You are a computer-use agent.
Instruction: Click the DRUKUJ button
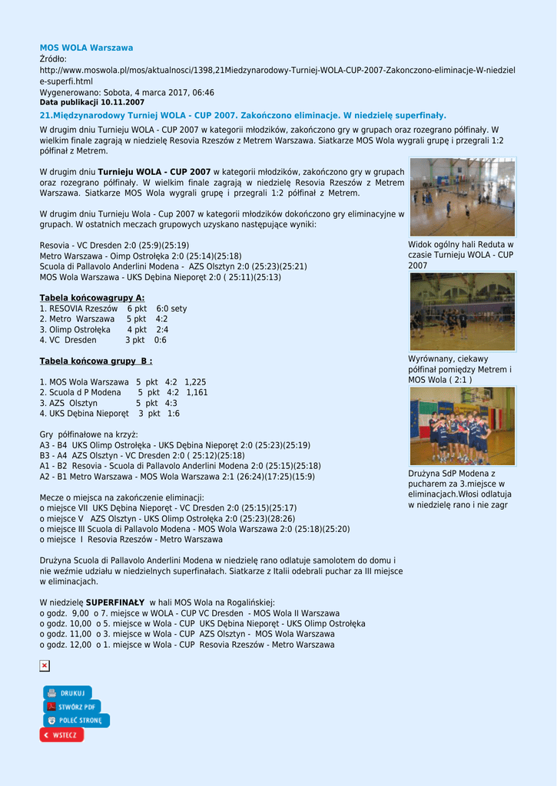67,693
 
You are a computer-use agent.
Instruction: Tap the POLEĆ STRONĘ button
76,721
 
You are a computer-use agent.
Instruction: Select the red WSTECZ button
61,735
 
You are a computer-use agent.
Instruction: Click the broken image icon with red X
45,665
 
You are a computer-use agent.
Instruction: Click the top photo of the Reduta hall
462,197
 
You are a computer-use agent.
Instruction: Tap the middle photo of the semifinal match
462,311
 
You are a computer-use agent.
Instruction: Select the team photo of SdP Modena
462,426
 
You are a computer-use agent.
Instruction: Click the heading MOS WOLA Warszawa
86,48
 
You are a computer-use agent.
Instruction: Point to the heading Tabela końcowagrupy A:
92,298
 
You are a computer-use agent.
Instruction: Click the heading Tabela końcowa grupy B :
96,361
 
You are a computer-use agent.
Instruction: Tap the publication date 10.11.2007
122,102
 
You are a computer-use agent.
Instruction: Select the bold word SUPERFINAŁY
115,603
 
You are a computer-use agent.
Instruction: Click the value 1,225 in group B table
195,381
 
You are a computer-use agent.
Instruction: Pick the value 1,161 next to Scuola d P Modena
197,392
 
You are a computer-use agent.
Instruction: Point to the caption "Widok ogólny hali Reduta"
460,245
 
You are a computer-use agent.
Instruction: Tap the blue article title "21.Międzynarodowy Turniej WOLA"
243,115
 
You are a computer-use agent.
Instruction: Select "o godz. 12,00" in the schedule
65,645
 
